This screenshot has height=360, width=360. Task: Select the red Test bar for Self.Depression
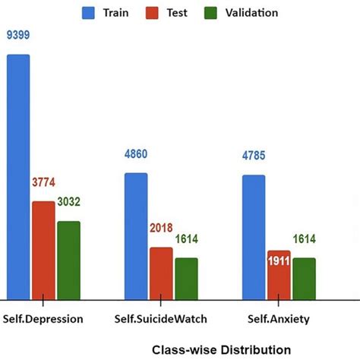click(43, 250)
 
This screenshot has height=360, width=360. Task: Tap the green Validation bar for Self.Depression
click(68, 260)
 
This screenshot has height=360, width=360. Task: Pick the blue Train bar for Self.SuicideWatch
click(136, 235)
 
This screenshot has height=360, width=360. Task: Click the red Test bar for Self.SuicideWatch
click(160, 273)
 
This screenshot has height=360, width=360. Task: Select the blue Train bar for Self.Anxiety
click(254, 236)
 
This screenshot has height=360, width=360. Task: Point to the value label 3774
click(44, 182)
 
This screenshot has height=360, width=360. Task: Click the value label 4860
click(136, 154)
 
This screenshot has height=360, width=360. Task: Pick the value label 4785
click(254, 157)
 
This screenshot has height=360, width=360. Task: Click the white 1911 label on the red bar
click(278, 263)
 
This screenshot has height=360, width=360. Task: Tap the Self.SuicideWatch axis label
click(160, 320)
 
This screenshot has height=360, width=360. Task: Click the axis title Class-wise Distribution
click(221, 350)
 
